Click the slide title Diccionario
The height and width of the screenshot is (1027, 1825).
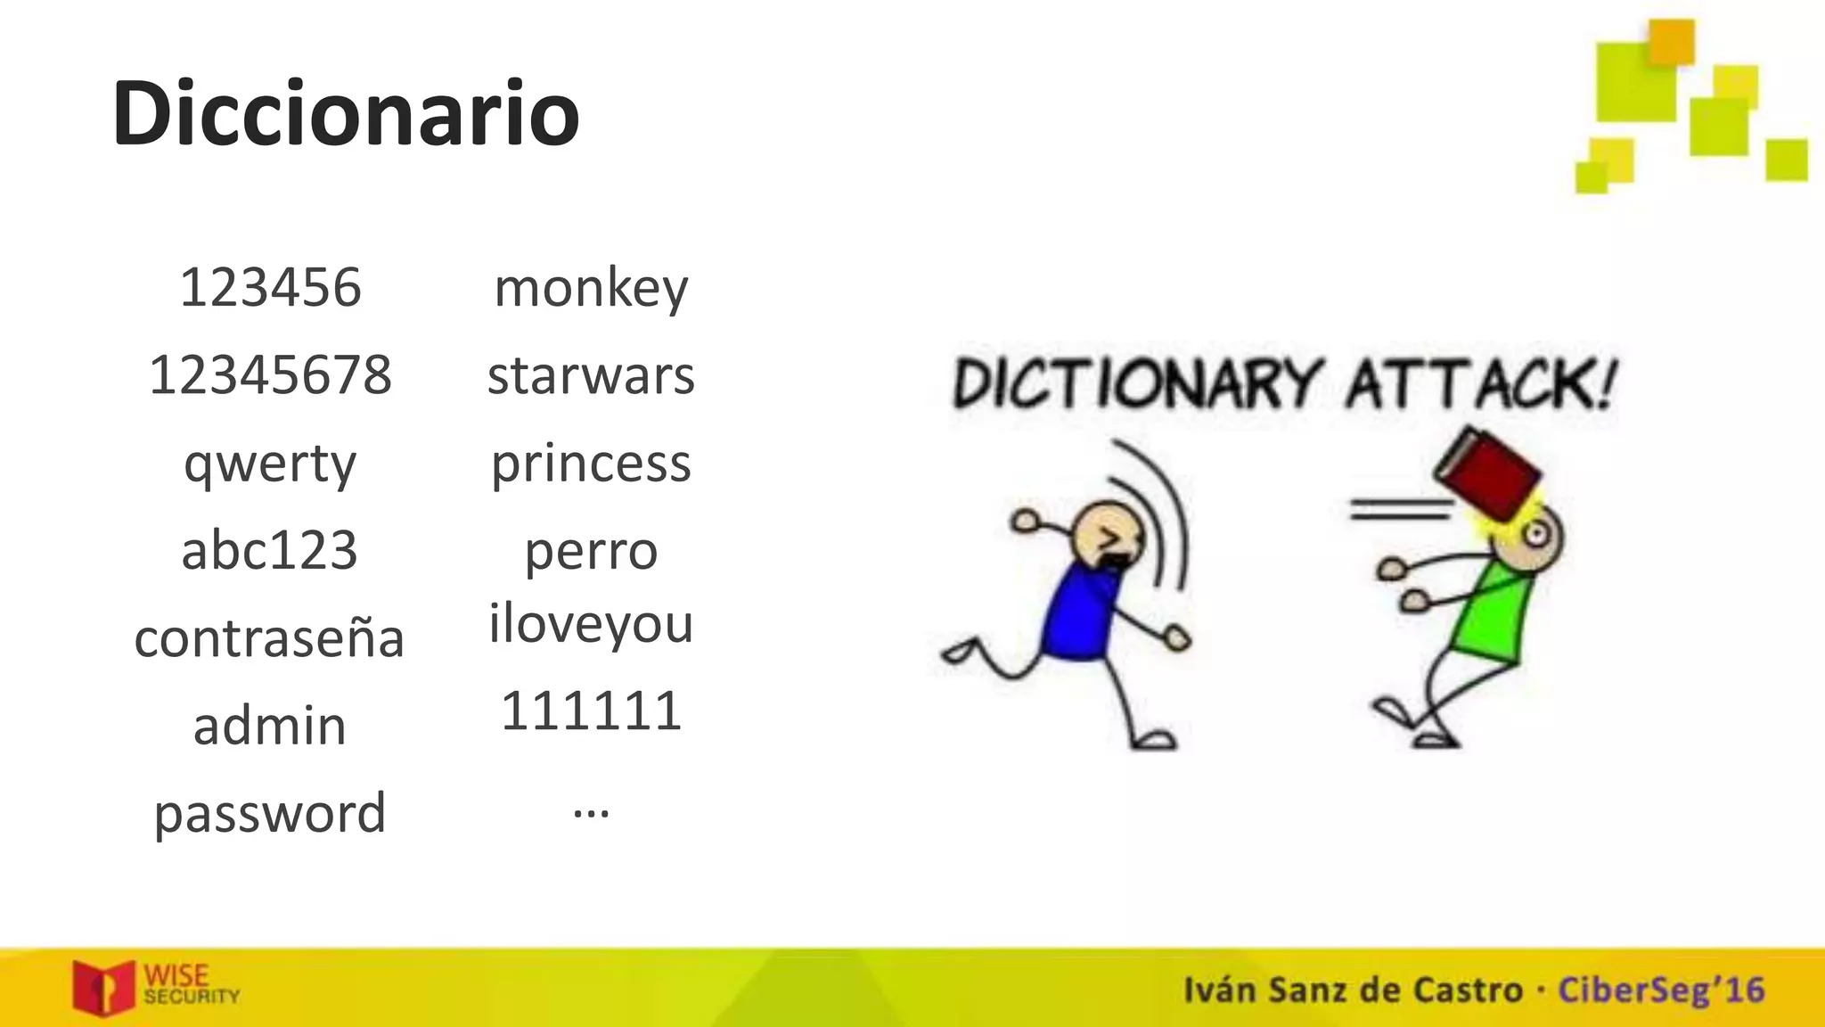[x=346, y=114]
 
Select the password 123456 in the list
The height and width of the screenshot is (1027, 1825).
[x=270, y=287]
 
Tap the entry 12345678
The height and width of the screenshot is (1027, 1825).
[x=270, y=374]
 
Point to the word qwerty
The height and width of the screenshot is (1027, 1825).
[x=270, y=464]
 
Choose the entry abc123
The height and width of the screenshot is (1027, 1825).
[x=270, y=550]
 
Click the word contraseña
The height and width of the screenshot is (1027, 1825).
[x=270, y=638]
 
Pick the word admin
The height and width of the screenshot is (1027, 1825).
[x=270, y=726]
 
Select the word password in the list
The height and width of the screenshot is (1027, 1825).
[x=270, y=813]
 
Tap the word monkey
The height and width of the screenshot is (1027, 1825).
[x=591, y=289]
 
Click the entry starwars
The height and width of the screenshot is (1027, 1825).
[x=591, y=375]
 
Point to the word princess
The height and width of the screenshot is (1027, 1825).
[x=591, y=464]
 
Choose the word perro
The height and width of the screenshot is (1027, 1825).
[x=591, y=551]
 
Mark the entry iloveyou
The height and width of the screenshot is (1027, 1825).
[x=591, y=623]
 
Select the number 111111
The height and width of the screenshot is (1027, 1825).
[x=591, y=711]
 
